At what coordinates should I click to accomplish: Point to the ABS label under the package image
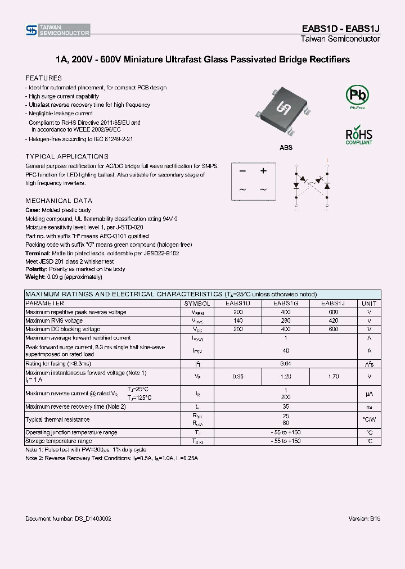286,147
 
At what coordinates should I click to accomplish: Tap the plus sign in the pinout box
263,171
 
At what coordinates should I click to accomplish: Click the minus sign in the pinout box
242,171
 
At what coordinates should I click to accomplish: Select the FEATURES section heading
43,78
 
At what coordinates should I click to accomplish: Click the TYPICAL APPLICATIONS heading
67,156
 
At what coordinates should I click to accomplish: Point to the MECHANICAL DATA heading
58,201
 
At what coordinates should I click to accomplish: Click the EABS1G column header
285,303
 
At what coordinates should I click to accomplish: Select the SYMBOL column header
197,303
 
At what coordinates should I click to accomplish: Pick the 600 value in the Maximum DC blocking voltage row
334,329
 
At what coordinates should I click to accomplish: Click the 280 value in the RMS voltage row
285,320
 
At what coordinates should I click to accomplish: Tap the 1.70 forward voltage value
334,376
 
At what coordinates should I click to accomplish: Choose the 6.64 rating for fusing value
285,363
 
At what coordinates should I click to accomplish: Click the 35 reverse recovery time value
285,406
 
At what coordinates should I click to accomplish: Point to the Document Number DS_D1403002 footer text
68,518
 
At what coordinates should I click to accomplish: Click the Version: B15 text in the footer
364,518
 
